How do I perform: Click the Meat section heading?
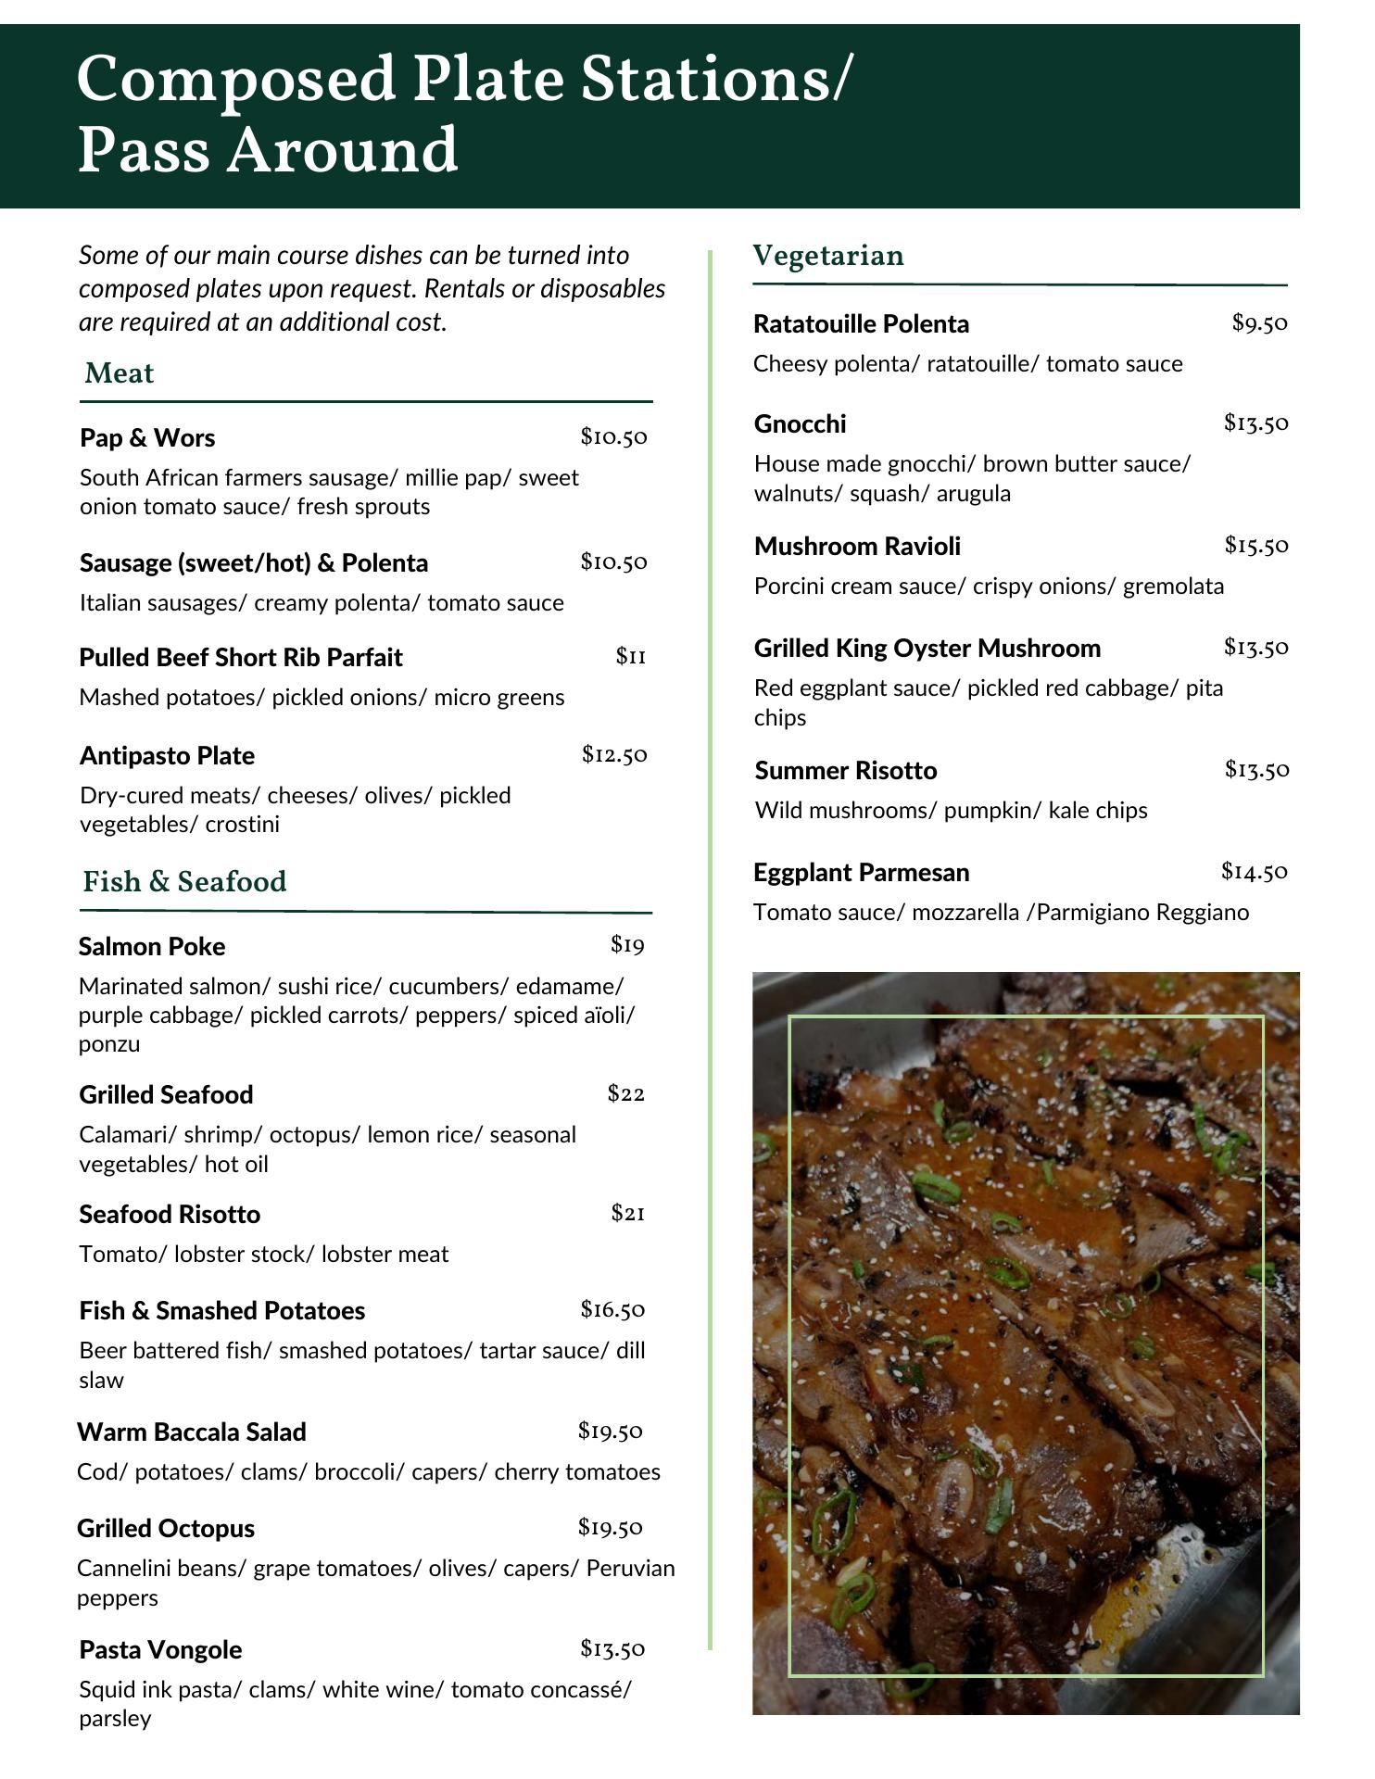(x=119, y=373)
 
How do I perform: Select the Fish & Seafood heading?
(x=184, y=881)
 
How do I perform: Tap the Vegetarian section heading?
(x=828, y=256)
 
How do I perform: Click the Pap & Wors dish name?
(x=147, y=437)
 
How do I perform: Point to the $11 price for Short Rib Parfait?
(x=631, y=657)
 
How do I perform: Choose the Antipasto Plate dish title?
(x=167, y=755)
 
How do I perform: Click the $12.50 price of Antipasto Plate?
(x=614, y=754)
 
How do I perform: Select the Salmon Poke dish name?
(x=152, y=946)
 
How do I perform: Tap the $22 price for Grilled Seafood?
(x=626, y=1093)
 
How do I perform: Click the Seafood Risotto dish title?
(x=170, y=1214)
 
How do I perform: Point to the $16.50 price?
(x=612, y=1309)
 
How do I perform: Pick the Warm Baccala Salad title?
(x=192, y=1432)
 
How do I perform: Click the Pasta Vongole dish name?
(x=160, y=1649)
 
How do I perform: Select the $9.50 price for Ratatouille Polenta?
(x=1260, y=322)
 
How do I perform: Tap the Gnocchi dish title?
(x=800, y=423)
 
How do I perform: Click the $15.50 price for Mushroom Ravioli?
(x=1256, y=545)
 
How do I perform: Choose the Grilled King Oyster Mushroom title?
(x=927, y=648)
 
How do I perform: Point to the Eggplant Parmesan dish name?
(x=861, y=872)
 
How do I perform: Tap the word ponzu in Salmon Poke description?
(x=109, y=1044)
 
